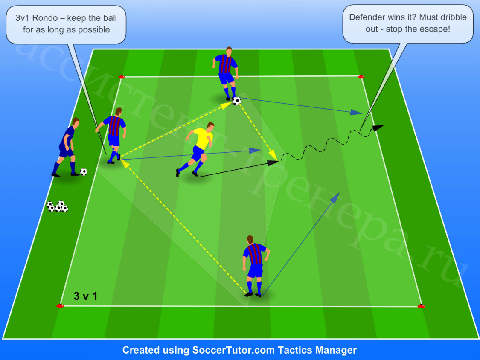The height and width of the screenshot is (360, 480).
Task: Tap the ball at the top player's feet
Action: tap(237, 101)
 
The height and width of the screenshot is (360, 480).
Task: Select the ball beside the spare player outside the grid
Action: tap(84, 172)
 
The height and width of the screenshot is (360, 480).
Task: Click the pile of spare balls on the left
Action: tap(57, 206)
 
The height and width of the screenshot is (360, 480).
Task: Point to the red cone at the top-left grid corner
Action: tap(122, 77)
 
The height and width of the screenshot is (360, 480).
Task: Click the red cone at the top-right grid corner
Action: tap(361, 76)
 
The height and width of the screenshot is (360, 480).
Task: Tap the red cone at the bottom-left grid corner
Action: tap(60, 305)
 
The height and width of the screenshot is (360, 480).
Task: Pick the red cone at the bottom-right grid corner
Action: tap(421, 306)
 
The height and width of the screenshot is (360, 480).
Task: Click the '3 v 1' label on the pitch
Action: tap(85, 296)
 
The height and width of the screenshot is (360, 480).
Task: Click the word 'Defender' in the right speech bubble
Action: tap(367, 17)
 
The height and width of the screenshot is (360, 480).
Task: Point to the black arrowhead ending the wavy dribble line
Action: tap(379, 127)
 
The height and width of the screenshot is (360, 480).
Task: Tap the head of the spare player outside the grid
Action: tap(75, 122)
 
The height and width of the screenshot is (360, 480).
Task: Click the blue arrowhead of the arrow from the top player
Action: tap(356, 112)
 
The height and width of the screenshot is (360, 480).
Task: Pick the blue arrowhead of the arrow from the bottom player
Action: tap(335, 197)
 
